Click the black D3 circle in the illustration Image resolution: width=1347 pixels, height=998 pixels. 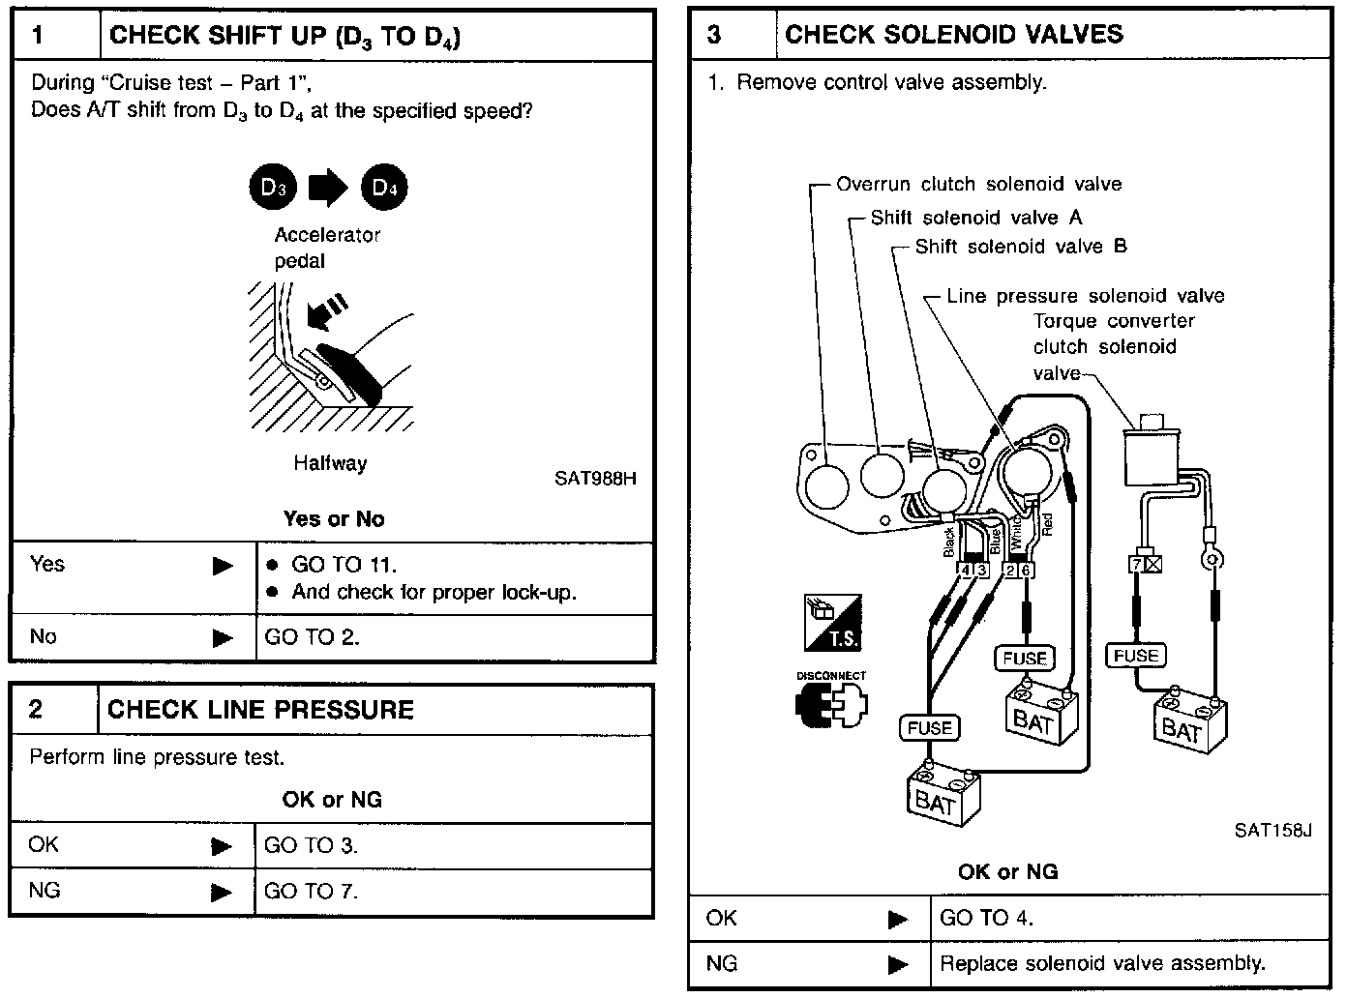point(273,188)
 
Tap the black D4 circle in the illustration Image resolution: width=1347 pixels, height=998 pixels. point(384,188)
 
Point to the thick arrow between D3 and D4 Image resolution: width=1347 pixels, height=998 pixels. point(328,188)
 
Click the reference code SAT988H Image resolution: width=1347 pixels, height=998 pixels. point(595,478)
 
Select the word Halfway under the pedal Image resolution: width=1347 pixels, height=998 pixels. point(331,463)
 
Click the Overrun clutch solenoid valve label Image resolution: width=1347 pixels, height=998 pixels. point(978,184)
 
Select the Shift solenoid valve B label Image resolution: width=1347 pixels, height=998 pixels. point(1021,247)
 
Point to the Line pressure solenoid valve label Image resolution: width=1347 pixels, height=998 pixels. point(1085,296)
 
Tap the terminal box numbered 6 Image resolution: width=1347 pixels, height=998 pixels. point(1026,571)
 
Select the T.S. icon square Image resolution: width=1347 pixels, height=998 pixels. point(831,623)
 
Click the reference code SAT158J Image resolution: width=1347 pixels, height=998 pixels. point(1272,830)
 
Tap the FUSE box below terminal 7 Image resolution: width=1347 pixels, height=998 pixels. point(1136,656)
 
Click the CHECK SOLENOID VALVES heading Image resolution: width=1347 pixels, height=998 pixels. point(954,35)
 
